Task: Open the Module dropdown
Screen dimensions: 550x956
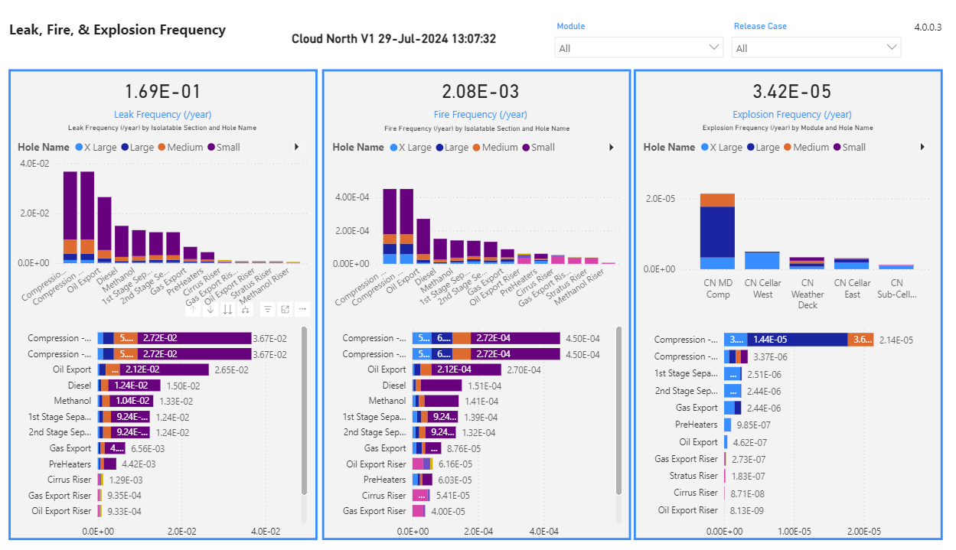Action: (638, 48)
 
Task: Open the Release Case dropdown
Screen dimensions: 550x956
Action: (816, 48)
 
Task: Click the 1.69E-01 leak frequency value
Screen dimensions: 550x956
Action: (162, 93)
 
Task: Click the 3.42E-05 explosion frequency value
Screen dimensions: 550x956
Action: (791, 93)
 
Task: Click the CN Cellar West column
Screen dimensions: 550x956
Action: (762, 260)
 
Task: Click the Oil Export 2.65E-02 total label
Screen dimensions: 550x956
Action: (231, 370)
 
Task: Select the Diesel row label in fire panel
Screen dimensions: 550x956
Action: (394, 386)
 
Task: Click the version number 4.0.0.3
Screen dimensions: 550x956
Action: (928, 28)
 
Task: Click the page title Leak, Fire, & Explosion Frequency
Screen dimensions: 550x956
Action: (117, 31)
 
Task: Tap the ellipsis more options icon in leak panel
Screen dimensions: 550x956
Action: (303, 309)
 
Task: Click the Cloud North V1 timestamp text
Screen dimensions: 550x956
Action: (393, 39)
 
